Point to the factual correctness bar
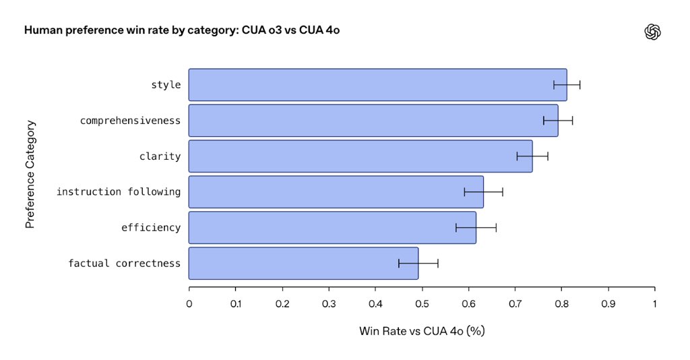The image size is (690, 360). [303, 263]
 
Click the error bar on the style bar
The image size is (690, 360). [567, 85]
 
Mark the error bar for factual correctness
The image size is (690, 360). [418, 263]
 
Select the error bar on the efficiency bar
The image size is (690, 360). [476, 228]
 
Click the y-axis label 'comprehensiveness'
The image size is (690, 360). [130, 121]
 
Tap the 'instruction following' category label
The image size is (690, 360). [119, 192]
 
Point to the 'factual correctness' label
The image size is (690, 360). [124, 264]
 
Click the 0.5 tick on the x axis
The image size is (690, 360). [422, 304]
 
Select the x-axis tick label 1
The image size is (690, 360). [654, 304]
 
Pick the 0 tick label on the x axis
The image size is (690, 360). [189, 304]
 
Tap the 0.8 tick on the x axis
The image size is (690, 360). [561, 304]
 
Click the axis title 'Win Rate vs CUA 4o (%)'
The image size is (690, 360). [422, 331]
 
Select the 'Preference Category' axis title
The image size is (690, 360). [30, 175]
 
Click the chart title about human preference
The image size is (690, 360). [177, 31]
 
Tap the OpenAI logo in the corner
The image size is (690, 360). [653, 32]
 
